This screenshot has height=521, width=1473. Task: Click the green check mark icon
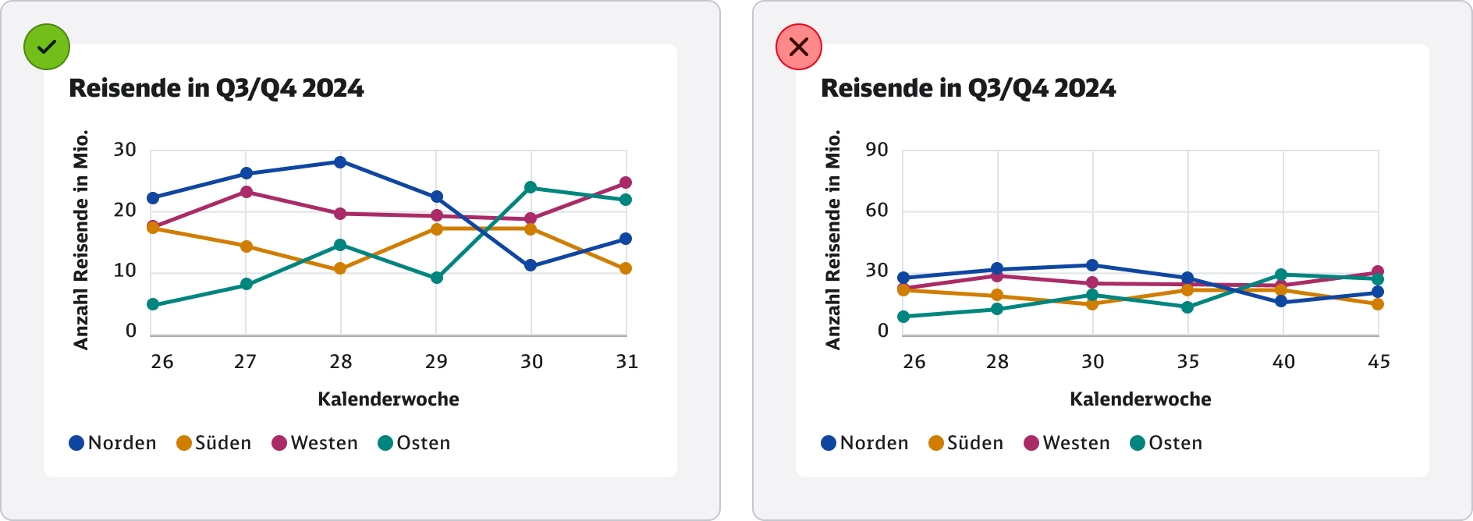coord(47,47)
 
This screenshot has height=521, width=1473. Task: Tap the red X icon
coord(799,47)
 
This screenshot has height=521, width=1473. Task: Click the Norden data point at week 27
coord(247,173)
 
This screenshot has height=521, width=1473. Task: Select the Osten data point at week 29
coord(437,278)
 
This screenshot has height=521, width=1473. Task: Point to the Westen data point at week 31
coord(626,183)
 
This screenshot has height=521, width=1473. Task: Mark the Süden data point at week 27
coord(247,246)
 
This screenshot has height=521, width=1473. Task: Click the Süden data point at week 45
coord(1378,304)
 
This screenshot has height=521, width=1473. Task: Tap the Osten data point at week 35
coord(1187,307)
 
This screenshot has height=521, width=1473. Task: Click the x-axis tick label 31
coord(627,362)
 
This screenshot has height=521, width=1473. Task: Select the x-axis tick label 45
coord(1379,362)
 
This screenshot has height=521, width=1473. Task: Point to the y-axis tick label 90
coord(877,150)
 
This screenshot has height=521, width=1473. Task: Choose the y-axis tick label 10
coord(125,271)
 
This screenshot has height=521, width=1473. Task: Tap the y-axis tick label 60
coord(877,210)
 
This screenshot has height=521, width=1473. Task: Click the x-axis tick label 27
coord(245,362)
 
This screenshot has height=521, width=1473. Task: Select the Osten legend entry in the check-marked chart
coord(414,443)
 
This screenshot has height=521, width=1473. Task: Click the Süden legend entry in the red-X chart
coord(966,443)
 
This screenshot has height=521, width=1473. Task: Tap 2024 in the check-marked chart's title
coord(333,88)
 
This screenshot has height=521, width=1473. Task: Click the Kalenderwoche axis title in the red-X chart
coord(1140,399)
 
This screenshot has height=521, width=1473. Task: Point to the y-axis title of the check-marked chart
coord(81,239)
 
